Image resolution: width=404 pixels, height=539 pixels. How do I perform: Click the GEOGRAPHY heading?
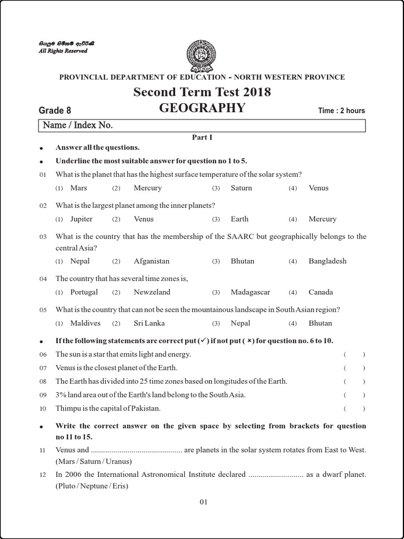point(202,108)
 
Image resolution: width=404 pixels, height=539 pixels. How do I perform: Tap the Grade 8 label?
point(55,111)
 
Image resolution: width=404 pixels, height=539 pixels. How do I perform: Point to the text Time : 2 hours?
point(341,111)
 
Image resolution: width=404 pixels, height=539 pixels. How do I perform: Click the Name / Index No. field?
point(202,125)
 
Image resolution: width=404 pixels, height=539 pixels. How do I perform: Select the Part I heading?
point(201,137)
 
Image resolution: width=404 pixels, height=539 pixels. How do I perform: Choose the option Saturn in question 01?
point(241,188)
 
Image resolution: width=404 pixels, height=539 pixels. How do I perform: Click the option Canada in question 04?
point(320,292)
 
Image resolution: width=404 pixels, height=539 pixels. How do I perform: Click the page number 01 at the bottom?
point(204,502)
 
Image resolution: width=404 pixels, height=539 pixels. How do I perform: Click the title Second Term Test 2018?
point(202,92)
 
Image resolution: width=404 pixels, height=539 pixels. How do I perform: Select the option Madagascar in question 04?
point(250,292)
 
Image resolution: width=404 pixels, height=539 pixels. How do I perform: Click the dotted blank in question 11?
point(136,451)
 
